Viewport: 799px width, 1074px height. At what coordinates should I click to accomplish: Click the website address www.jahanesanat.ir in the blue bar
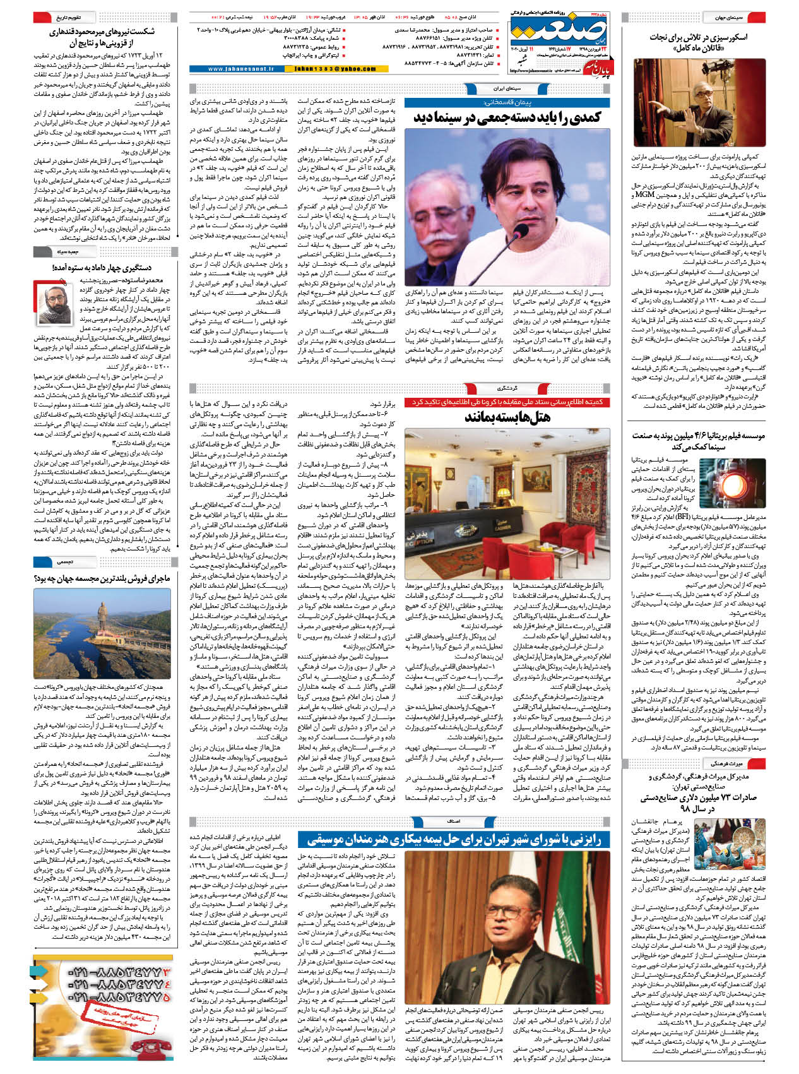point(240,69)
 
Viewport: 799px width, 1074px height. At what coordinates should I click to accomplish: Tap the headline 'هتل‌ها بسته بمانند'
point(507,417)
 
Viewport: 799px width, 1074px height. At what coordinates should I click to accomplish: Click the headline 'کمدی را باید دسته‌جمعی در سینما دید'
point(507,118)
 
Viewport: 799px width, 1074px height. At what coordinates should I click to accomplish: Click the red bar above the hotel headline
point(507,402)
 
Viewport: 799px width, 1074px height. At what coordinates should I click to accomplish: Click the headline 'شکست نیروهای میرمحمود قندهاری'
point(102,37)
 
